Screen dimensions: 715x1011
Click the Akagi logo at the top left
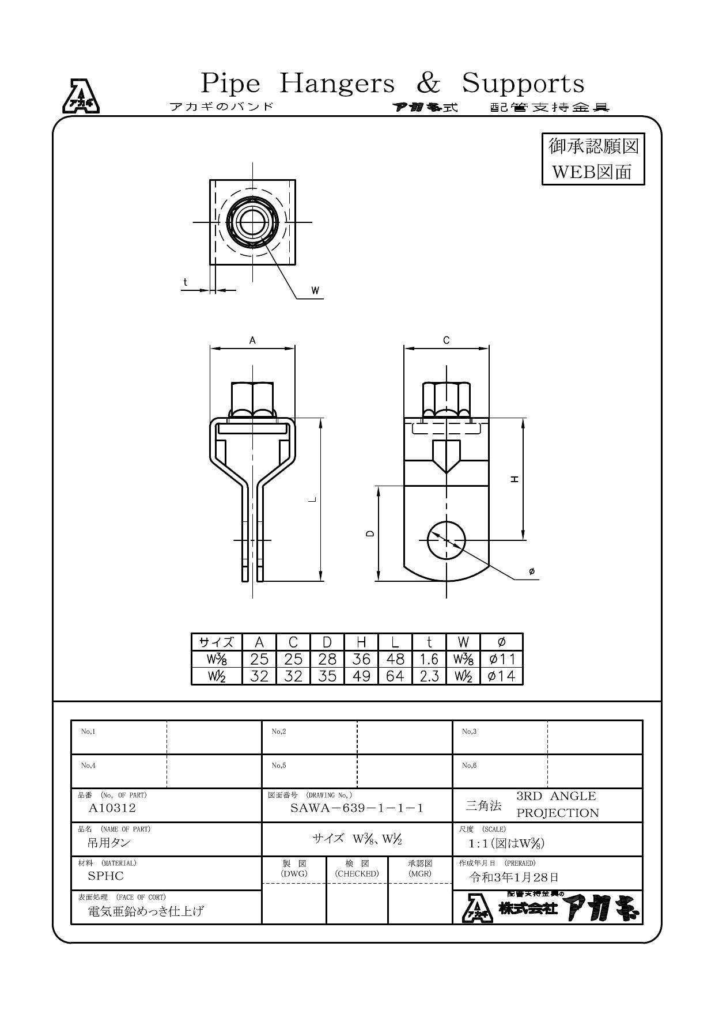(81, 96)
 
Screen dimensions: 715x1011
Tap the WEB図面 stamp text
(592, 172)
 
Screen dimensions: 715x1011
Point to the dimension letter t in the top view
(185, 282)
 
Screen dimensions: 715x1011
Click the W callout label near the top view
(315, 290)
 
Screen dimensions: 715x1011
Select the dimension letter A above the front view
(252, 340)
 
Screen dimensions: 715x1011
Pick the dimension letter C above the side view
(447, 340)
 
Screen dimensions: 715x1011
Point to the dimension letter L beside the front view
(312, 499)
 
